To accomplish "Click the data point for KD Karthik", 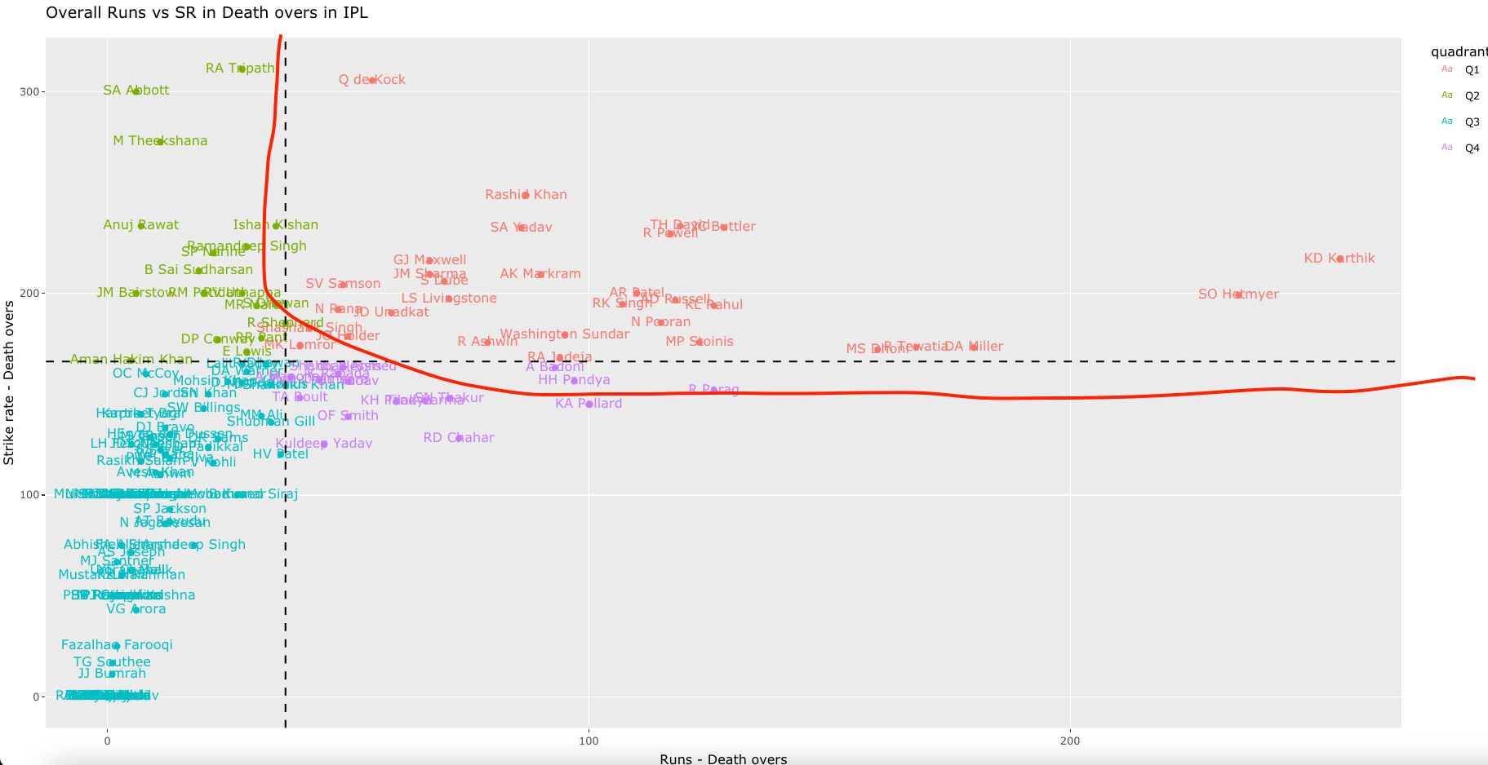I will click(1339, 259).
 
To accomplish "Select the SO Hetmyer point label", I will click(1238, 294).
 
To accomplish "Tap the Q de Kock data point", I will click(372, 80).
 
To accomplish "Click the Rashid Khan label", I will click(526, 195).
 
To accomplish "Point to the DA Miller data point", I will click(973, 347).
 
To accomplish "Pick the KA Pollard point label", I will click(589, 404).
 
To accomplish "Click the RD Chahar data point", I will click(459, 438).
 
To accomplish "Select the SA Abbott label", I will click(136, 91).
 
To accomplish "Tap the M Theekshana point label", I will click(160, 141).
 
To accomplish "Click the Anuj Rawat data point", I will click(141, 225).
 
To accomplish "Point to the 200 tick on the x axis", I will click(1069, 741).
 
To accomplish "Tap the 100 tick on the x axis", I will click(588, 741).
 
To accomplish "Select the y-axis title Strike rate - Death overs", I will click(9, 383).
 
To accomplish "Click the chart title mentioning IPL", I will click(207, 12).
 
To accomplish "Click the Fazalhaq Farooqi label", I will click(117, 645).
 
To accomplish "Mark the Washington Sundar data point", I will click(565, 334).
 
